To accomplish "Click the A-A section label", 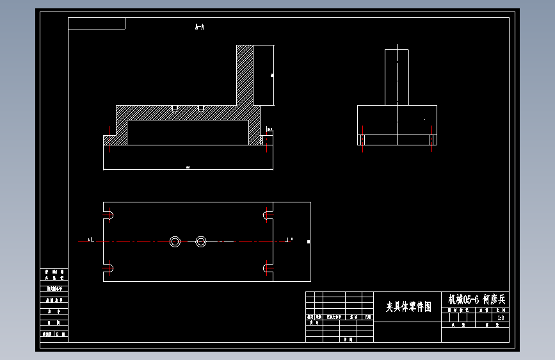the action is [199, 27].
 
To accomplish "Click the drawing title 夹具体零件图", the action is [408, 307].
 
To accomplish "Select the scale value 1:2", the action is [501, 317].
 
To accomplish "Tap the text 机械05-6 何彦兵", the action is [476, 299].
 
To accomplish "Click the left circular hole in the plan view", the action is [175, 241].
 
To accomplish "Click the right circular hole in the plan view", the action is [201, 241].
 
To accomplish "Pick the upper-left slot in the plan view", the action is [109, 215].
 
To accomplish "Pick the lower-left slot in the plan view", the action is [109, 268].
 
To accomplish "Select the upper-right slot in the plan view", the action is [268, 215].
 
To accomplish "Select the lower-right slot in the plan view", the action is [268, 268].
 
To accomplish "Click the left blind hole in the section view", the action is [174, 108].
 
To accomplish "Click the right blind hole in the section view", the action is [200, 108].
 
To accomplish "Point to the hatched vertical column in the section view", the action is [245, 74].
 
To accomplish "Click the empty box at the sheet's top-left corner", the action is [96, 24].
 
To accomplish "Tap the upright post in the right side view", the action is [397, 77].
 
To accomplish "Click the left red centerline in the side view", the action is [363, 140].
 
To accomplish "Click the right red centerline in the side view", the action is [432, 140].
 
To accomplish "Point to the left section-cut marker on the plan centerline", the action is [90, 240].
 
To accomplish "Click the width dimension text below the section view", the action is [188, 167].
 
